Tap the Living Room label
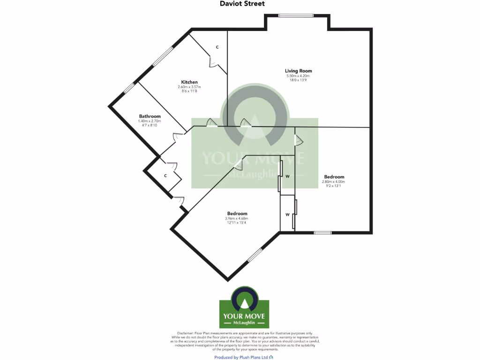coord(299,71)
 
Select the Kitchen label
coord(189,82)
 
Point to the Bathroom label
coord(150,116)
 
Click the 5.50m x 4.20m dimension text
coord(298,76)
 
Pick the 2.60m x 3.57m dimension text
coord(189,87)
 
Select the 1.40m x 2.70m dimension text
coord(150,121)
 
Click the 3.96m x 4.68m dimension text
coord(236,218)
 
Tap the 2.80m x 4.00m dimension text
coord(333,182)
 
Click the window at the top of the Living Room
coord(297,15)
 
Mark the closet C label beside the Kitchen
coord(217,47)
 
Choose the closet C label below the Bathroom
coord(165,176)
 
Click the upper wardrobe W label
coord(287,177)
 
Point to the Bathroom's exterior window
coord(129,88)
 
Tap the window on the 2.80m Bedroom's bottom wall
coord(322,232)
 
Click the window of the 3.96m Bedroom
coord(255,255)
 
